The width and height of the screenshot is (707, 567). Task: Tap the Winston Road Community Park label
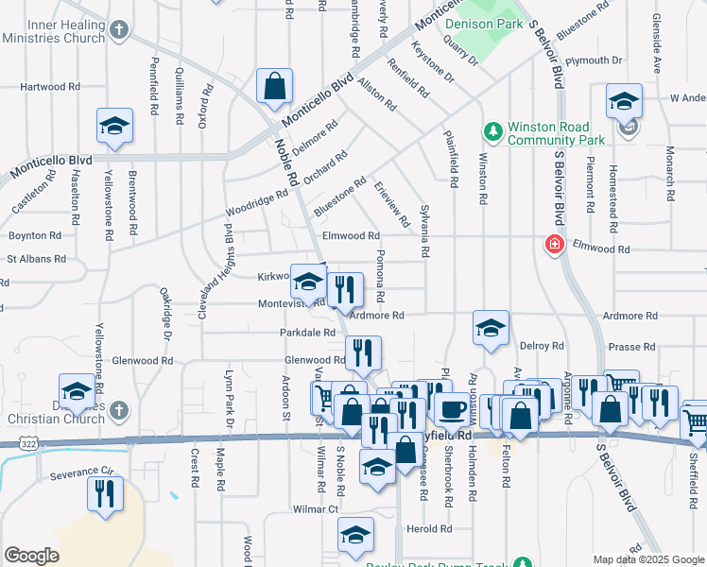point(548,133)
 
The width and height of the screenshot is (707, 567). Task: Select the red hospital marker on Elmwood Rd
point(553,244)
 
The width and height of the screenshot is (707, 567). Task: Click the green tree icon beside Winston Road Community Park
point(491,129)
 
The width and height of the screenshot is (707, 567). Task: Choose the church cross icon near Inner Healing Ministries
point(117,30)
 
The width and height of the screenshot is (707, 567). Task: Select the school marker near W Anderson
point(624,101)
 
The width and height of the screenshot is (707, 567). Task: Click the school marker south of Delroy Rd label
point(491,329)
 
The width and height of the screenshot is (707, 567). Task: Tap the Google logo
point(31,556)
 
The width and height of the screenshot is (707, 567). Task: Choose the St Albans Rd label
point(37,258)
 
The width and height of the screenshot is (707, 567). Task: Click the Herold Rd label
point(430,529)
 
